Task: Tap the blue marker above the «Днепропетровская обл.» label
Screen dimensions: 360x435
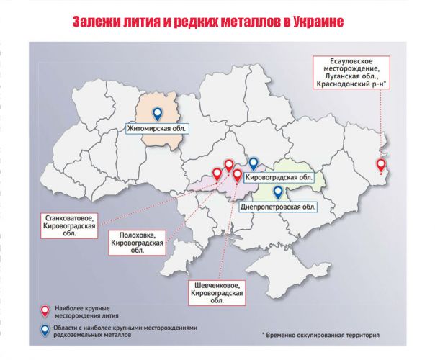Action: pyautogui.click(x=278, y=192)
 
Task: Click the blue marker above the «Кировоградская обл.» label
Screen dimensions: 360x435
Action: pyautogui.click(x=254, y=163)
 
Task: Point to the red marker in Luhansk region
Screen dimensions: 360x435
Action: pyautogui.click(x=382, y=166)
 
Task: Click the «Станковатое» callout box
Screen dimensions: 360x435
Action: pyautogui.click(x=69, y=225)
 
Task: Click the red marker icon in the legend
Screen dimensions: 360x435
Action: pyautogui.click(x=45, y=311)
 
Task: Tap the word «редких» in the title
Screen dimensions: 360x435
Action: pyautogui.click(x=199, y=21)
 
